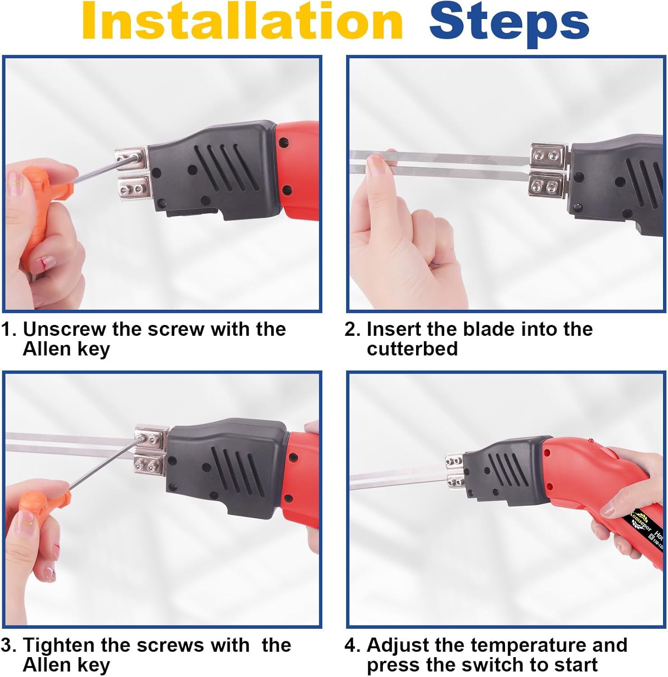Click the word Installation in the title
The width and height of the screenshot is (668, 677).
point(242,22)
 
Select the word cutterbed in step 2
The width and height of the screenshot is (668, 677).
point(412,349)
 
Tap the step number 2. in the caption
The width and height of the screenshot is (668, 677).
point(352,329)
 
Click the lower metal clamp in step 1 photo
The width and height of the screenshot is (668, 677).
point(133,187)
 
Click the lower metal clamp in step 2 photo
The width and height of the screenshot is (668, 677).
point(547,185)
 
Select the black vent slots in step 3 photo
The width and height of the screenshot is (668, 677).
point(239,469)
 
